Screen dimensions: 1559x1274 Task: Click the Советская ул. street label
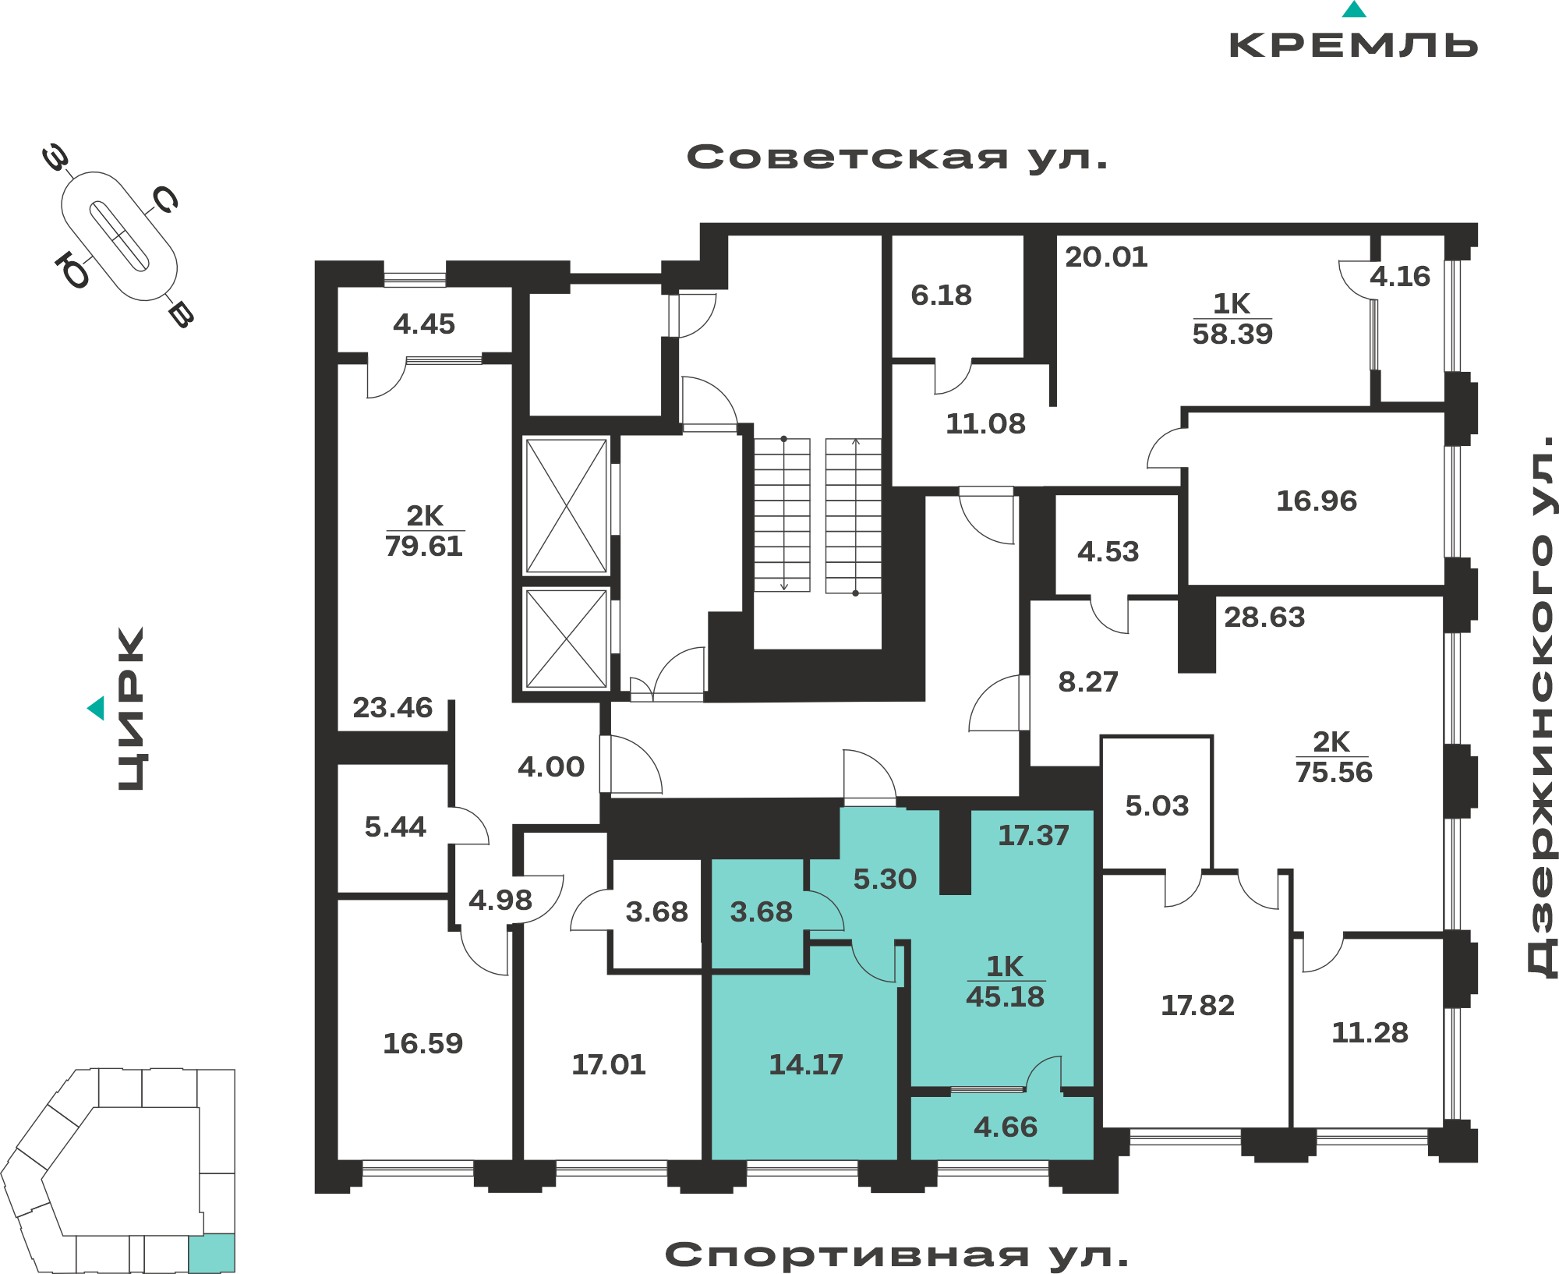click(x=896, y=158)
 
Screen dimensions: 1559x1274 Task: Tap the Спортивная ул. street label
click(x=896, y=1255)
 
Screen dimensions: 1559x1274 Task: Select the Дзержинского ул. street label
click(x=1541, y=706)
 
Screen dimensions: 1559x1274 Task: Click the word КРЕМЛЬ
click(x=1353, y=45)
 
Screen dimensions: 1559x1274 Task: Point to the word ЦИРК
click(x=131, y=709)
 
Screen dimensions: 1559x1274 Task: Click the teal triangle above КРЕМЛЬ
click(x=1354, y=9)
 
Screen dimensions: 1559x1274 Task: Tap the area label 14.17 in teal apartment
click(x=806, y=1064)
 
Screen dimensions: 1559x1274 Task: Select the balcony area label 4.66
click(x=1006, y=1127)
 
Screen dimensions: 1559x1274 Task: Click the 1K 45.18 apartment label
click(x=1006, y=982)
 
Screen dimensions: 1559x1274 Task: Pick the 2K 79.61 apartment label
click(x=424, y=531)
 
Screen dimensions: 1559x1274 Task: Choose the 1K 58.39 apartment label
click(x=1232, y=319)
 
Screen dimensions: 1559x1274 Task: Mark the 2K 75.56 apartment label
click(x=1334, y=757)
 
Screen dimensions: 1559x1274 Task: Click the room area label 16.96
click(x=1317, y=501)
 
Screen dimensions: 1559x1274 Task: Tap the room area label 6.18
click(x=942, y=295)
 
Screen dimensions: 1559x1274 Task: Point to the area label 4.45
click(x=424, y=324)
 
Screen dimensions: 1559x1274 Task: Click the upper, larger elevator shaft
click(x=567, y=506)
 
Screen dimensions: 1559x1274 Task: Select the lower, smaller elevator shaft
click(x=567, y=639)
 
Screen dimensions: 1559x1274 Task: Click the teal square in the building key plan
click(x=211, y=1253)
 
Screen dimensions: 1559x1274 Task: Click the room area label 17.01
click(x=609, y=1064)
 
